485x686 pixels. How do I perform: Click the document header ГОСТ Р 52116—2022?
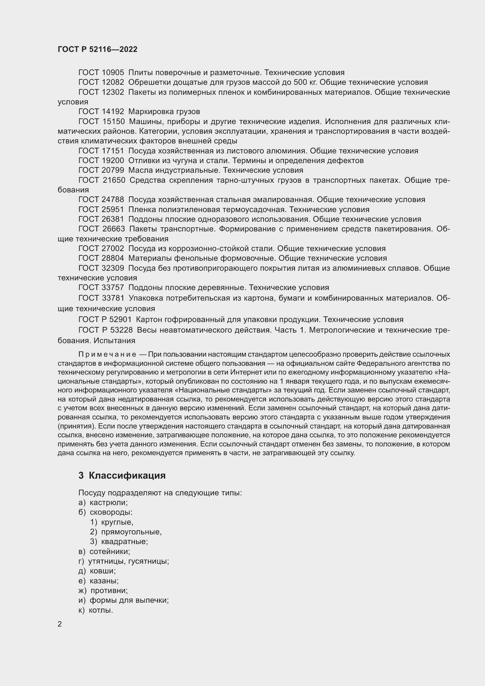[x=98, y=50]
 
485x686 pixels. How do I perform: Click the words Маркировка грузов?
[x=164, y=112]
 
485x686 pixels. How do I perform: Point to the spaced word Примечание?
[x=107, y=355]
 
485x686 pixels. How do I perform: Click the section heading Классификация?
[x=127, y=476]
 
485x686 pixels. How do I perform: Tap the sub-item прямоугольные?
[x=131, y=532]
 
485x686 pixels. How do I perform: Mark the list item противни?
[x=109, y=591]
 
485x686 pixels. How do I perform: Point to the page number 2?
[x=60, y=624]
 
